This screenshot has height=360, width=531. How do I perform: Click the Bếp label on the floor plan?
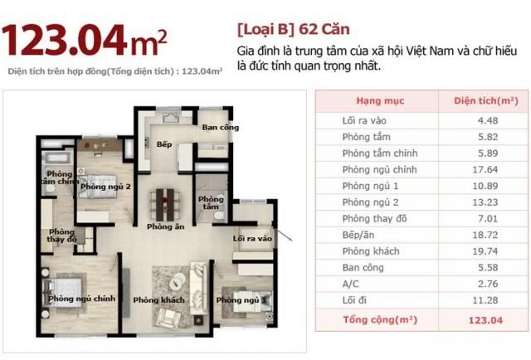click(164, 144)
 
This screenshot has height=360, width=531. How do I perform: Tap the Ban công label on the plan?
click(221, 128)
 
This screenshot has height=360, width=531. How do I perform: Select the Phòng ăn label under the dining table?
click(166, 226)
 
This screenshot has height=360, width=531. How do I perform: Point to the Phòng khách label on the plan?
click(158, 300)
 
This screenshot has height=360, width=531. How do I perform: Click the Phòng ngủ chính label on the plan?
click(81, 299)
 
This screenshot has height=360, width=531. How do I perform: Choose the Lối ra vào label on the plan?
click(252, 238)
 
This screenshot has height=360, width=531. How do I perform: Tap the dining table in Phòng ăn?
click(165, 205)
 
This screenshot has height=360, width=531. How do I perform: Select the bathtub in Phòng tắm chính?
click(57, 158)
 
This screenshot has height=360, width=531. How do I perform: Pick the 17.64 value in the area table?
click(485, 169)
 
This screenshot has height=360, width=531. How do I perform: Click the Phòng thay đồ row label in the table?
click(374, 218)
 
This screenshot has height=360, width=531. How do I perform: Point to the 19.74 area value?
click(485, 251)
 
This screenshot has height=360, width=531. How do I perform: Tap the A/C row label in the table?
click(350, 284)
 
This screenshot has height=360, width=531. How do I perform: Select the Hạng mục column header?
click(380, 101)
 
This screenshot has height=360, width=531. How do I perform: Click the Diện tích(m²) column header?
click(486, 101)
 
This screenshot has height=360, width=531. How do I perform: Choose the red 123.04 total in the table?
click(485, 320)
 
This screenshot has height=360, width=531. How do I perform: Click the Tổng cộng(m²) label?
click(380, 319)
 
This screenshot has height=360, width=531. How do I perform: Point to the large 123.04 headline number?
click(65, 40)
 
